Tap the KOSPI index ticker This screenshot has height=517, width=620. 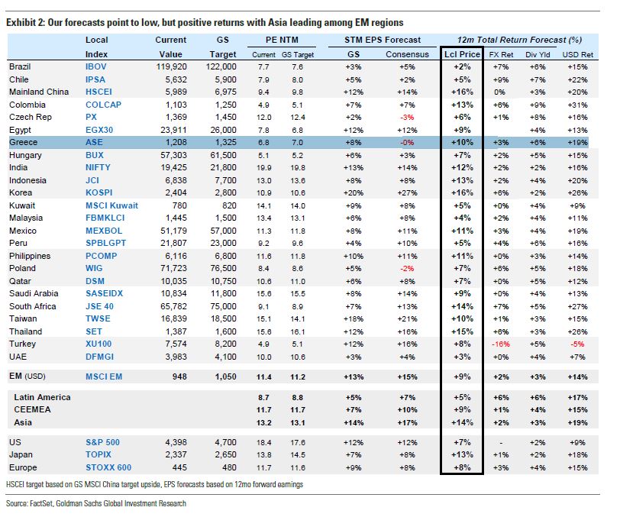pos(102,192)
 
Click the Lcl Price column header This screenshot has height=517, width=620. pos(462,54)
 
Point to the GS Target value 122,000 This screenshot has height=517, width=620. pos(223,67)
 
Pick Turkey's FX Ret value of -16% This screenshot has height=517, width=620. pos(501,344)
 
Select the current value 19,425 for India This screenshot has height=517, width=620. pos(170,167)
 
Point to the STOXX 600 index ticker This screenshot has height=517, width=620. pos(108,467)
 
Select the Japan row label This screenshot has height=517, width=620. pos(21,455)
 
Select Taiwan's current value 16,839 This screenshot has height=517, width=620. pos(170,318)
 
